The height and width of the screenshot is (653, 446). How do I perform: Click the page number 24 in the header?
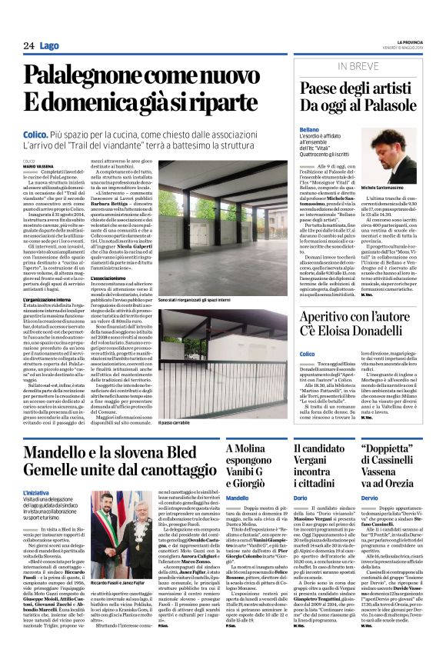(28, 46)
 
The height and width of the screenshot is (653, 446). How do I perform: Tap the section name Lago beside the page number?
(50, 46)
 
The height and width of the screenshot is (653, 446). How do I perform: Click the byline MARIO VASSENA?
(39, 166)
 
